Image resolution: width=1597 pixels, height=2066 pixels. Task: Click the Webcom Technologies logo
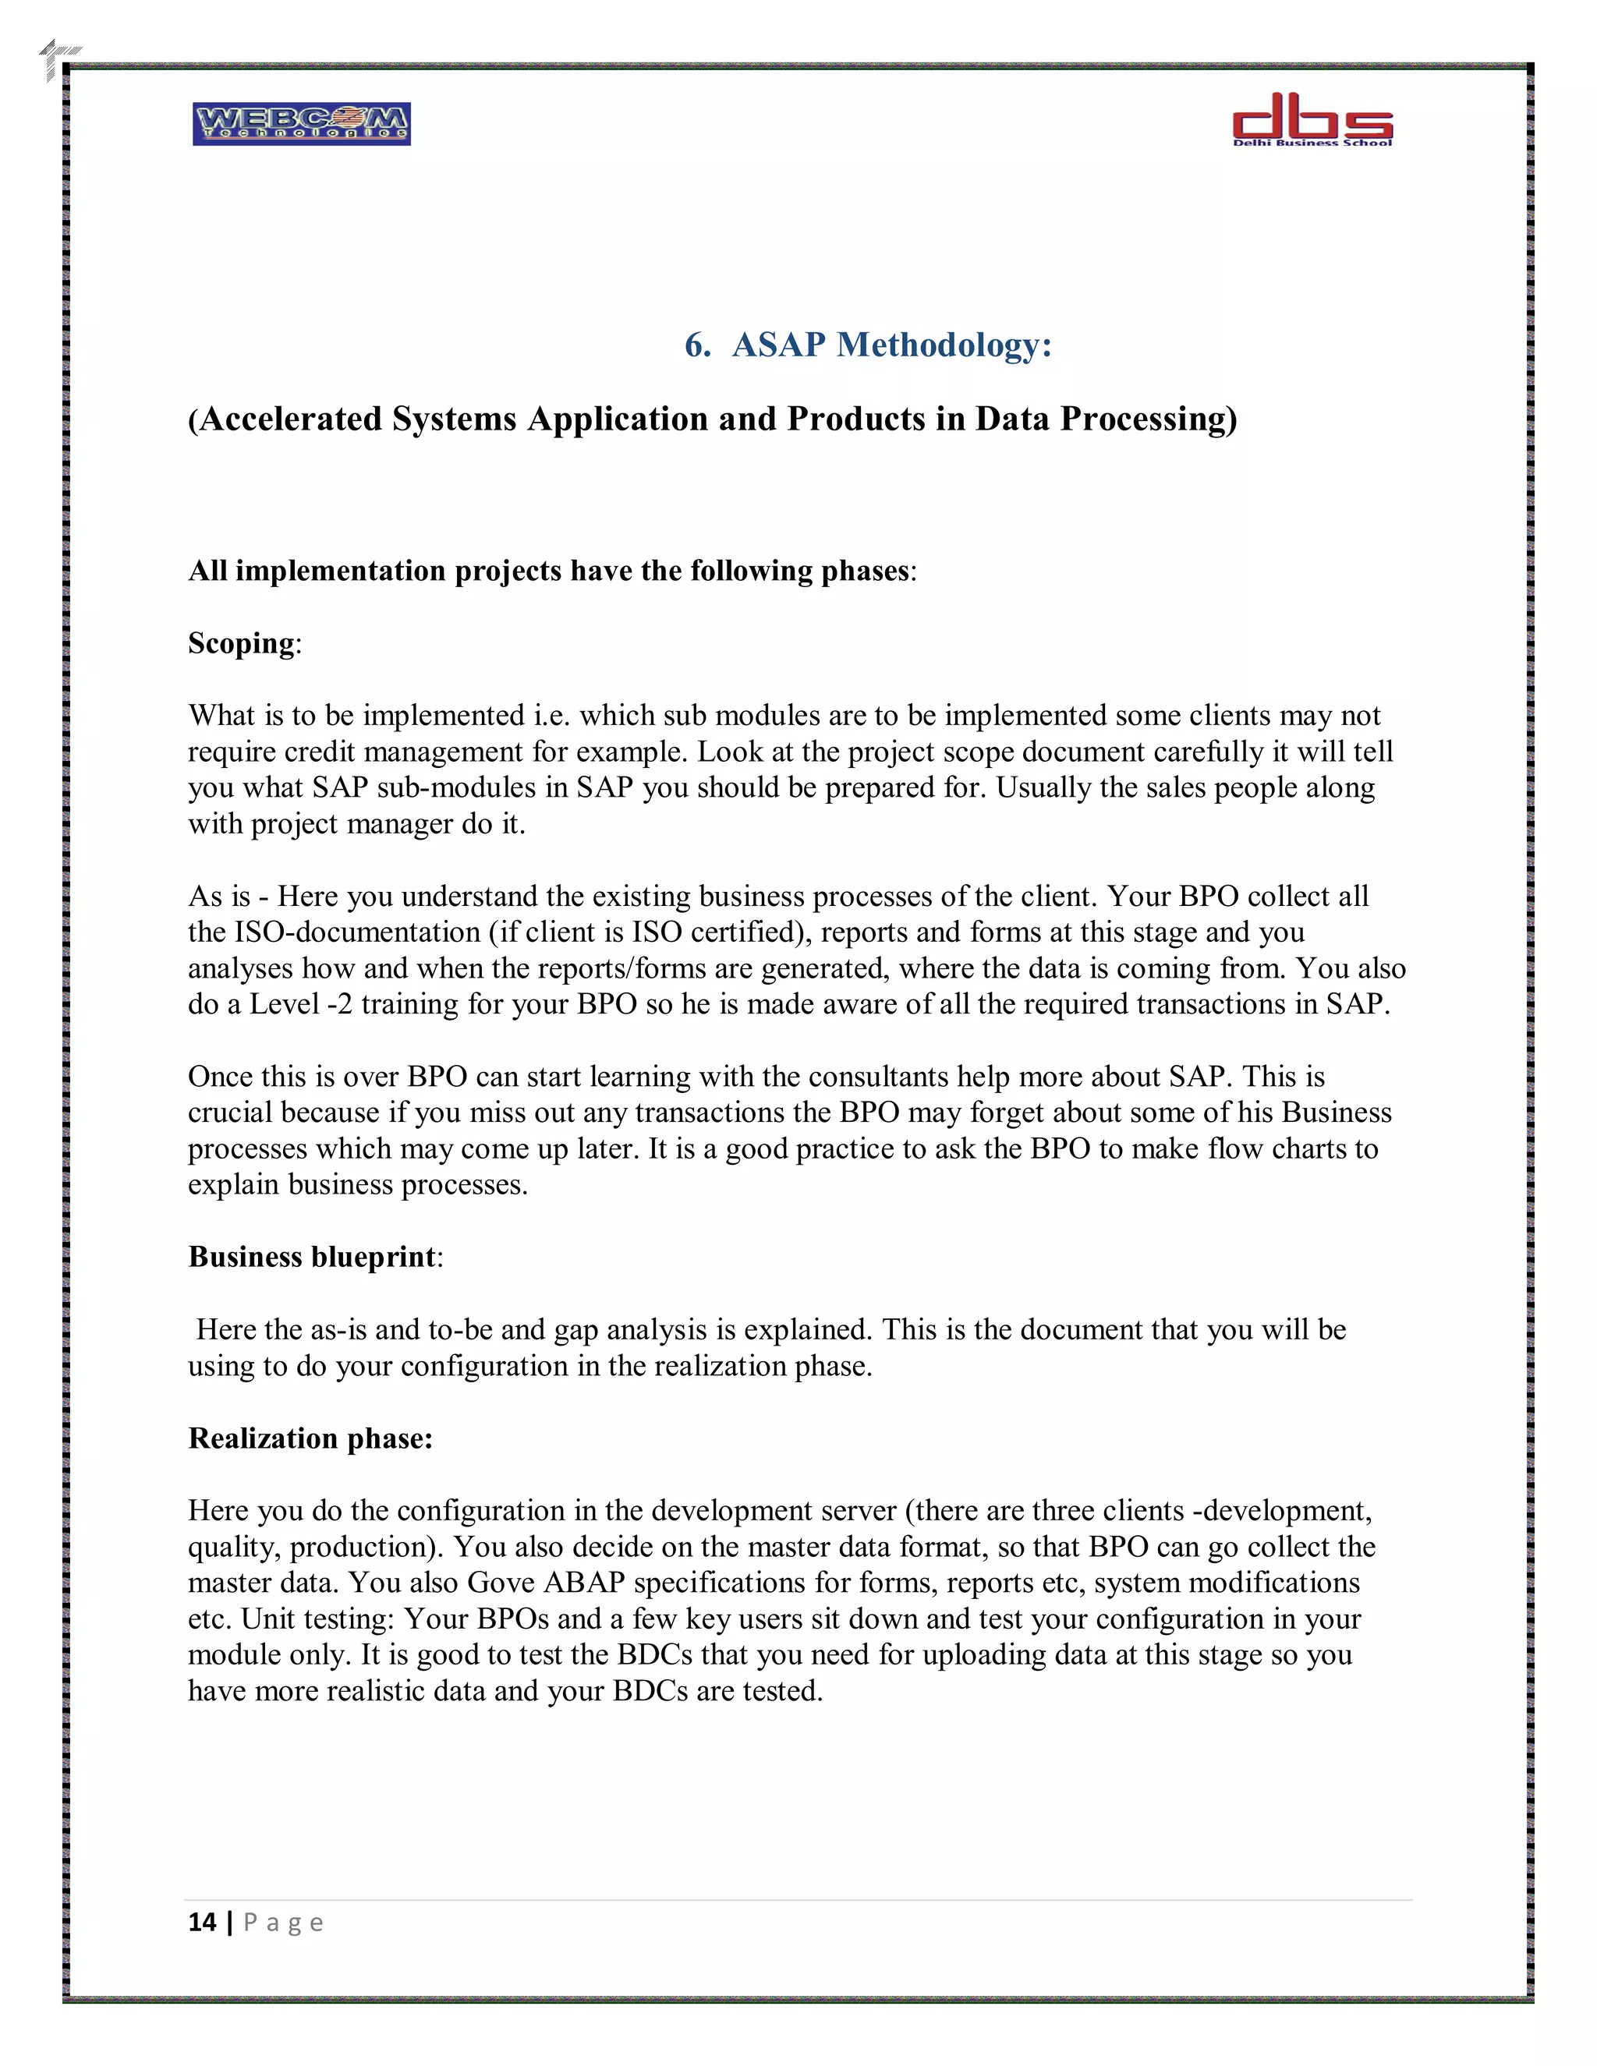point(301,124)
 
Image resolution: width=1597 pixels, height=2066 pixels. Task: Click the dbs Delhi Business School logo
point(1312,119)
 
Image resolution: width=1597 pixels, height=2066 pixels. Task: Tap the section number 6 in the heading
point(696,345)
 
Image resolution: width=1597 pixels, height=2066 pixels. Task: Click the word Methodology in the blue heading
point(944,345)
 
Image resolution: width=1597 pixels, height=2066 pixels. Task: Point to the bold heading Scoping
point(241,643)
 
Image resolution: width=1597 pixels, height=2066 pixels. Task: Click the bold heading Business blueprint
point(312,1258)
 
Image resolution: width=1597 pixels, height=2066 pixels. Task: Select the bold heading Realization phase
point(310,1439)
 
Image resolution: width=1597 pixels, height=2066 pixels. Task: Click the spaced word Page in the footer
point(283,1923)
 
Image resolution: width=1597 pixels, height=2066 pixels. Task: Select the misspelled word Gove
point(501,1583)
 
